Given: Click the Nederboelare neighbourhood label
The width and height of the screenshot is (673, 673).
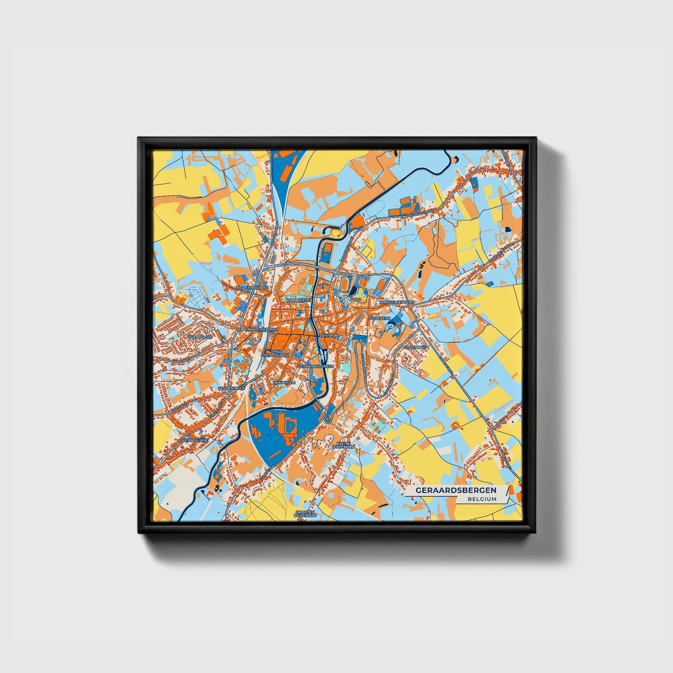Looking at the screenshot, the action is pyautogui.click(x=253, y=288).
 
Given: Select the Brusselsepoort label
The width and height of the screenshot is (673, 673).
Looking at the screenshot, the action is pyautogui.click(x=396, y=302).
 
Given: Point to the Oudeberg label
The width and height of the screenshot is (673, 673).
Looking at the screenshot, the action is pyautogui.click(x=379, y=318).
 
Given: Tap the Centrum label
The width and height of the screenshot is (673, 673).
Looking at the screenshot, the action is pyautogui.click(x=329, y=336).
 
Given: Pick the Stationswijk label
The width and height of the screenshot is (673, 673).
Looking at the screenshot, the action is pyautogui.click(x=275, y=355).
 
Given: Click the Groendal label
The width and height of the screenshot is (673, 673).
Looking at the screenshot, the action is pyautogui.click(x=415, y=347).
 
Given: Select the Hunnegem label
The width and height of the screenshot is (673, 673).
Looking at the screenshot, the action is pyautogui.click(x=284, y=382).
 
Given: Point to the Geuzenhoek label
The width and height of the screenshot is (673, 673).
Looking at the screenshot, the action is pyautogui.click(x=231, y=388).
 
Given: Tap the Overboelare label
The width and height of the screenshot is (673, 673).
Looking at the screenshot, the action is pyautogui.click(x=193, y=439).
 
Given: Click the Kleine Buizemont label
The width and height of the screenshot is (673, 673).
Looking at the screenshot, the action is pyautogui.click(x=344, y=445).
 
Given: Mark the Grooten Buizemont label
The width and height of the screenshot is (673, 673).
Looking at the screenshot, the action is pyautogui.click(x=306, y=514).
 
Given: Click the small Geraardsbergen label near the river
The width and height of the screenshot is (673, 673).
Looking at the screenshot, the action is pyautogui.click(x=316, y=367).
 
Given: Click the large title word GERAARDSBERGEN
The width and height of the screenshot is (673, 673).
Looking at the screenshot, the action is pyautogui.click(x=456, y=490).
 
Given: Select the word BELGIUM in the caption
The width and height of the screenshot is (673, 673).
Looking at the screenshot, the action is pyautogui.click(x=482, y=499).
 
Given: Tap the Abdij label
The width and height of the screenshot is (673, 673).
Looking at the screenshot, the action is pyautogui.click(x=355, y=299).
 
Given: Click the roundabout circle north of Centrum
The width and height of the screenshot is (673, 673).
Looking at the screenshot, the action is pyautogui.click(x=335, y=272).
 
